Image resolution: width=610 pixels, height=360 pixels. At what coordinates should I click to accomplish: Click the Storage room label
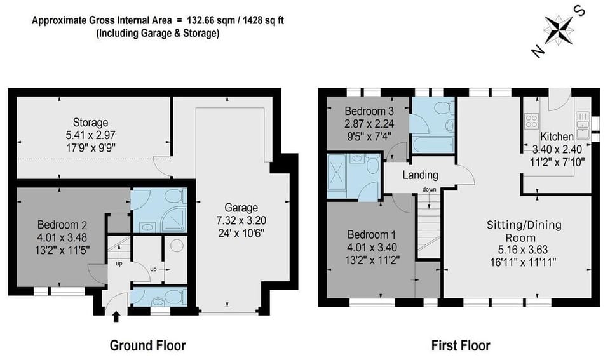(x=90, y=123)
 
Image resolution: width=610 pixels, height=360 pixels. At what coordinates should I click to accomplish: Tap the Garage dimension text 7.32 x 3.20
(x=241, y=220)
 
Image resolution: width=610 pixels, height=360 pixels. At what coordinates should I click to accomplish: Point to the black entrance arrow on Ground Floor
(x=116, y=316)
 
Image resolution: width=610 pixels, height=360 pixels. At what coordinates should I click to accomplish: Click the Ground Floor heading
(x=147, y=345)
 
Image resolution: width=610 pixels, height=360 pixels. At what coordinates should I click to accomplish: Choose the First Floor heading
(x=461, y=345)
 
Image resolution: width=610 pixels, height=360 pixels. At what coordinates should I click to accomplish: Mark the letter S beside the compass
(x=579, y=10)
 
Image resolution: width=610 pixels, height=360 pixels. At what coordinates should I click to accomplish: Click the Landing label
(x=421, y=175)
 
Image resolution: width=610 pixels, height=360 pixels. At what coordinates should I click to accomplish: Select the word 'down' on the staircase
(x=430, y=190)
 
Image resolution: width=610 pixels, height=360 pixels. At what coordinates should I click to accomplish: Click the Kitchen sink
(x=583, y=119)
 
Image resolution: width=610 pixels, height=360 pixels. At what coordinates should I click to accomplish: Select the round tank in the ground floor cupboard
(x=175, y=246)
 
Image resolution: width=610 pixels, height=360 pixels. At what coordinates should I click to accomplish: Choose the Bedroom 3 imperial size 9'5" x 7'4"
(x=361, y=135)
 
